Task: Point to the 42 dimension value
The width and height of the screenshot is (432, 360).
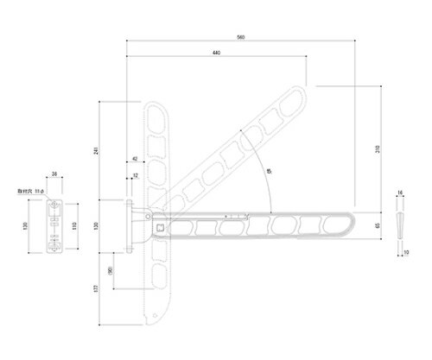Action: click(135, 160)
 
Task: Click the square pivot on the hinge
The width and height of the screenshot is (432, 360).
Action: click(161, 227)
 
